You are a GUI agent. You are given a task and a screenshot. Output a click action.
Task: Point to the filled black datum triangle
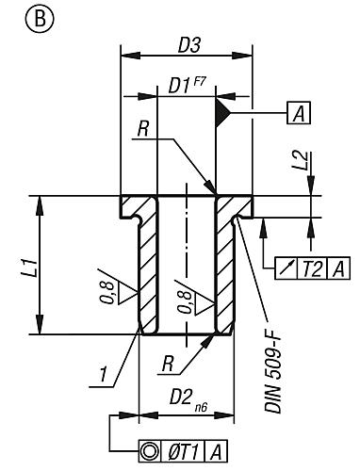[x=224, y=114]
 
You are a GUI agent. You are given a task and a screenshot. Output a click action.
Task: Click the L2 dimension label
[x=300, y=160]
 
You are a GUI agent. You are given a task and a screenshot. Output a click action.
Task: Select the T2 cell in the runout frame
[x=312, y=270]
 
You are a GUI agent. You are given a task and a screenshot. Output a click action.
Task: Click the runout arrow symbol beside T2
[x=286, y=270]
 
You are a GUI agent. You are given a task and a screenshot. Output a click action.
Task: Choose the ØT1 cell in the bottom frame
[x=184, y=449]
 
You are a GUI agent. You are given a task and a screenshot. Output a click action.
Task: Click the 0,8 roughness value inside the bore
[x=186, y=300]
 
